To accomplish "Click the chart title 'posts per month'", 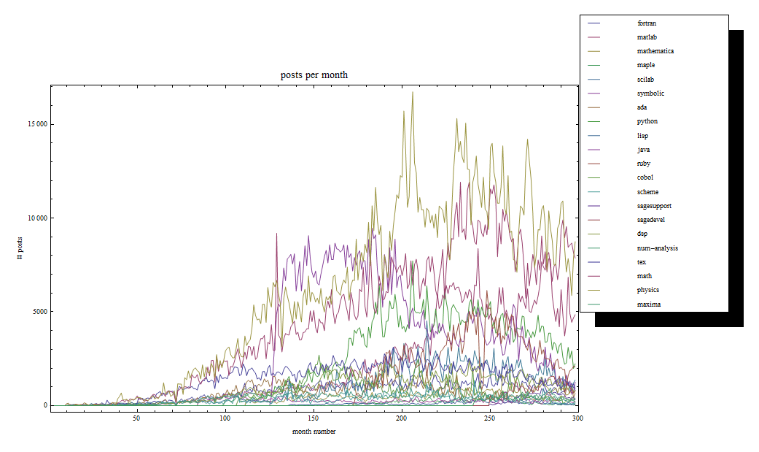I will pos(314,75).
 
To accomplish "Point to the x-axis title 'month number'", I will pos(314,432).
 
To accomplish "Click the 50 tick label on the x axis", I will pos(136,418).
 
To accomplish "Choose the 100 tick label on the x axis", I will pos(225,418).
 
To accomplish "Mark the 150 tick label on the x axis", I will pos(313,418).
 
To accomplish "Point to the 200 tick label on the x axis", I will pos(401,418).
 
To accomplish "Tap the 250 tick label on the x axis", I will pos(489,418).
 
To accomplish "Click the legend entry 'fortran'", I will pos(646,23).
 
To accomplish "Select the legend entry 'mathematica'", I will pos(655,51).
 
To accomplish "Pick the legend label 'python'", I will pos(647,122).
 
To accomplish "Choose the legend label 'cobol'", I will pos(645,177).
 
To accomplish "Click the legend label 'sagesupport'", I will pos(654,206).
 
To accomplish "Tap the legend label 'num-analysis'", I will pos(657,248).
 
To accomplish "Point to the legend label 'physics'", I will pos(647,291).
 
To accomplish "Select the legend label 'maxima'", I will pos(648,304).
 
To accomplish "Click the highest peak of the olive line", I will pos(413,92).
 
